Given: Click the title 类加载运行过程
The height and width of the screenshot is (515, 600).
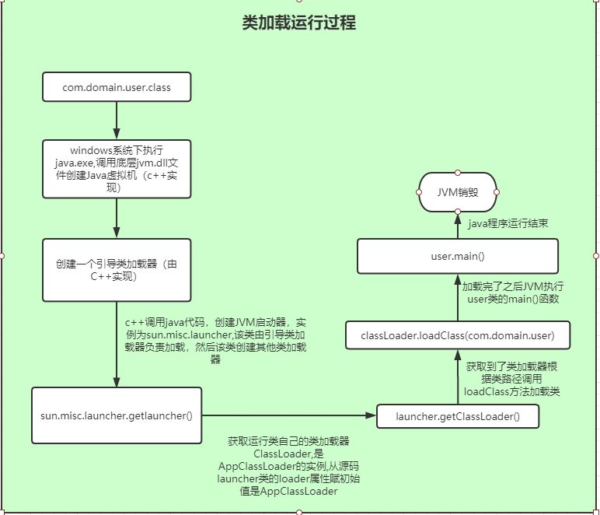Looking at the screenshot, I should pyautogui.click(x=299, y=23).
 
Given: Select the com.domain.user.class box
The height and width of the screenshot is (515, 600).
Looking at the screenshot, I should pyautogui.click(x=117, y=88).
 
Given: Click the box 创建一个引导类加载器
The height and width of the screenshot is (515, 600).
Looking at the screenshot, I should pyautogui.click(x=117, y=270).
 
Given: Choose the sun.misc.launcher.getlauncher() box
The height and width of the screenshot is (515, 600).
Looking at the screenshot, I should pyautogui.click(x=117, y=415).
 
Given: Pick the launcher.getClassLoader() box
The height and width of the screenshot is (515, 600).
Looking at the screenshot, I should pyautogui.click(x=457, y=417).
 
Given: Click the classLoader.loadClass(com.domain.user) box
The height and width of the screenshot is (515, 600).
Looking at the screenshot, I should pyautogui.click(x=457, y=336).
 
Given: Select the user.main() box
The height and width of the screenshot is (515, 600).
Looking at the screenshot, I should pyautogui.click(x=457, y=256).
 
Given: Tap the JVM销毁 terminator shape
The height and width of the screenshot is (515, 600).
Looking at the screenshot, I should pyautogui.click(x=458, y=192).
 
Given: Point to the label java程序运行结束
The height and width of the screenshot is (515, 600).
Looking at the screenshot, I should pyautogui.click(x=508, y=223).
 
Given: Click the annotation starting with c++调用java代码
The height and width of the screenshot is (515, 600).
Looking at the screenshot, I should pyautogui.click(x=215, y=340).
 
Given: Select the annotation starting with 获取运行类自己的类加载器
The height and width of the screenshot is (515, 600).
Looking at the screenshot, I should pyautogui.click(x=289, y=466).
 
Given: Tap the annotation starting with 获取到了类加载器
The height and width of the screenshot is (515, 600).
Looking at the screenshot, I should pyautogui.click(x=511, y=379).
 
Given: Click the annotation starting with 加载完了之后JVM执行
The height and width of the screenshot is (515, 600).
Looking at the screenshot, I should pyautogui.click(x=513, y=293).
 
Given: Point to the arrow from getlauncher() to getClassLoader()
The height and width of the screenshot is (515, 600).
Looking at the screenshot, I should pyautogui.click(x=288, y=416).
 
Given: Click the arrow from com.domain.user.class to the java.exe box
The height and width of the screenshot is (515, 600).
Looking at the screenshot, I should pyautogui.click(x=116, y=121).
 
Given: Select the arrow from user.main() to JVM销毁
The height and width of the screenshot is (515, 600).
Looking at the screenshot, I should pyautogui.click(x=458, y=226).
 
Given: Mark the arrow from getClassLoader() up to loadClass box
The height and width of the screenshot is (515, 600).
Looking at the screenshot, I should pyautogui.click(x=457, y=378).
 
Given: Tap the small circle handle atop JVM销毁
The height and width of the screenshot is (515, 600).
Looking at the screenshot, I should pyautogui.click(x=458, y=172).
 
